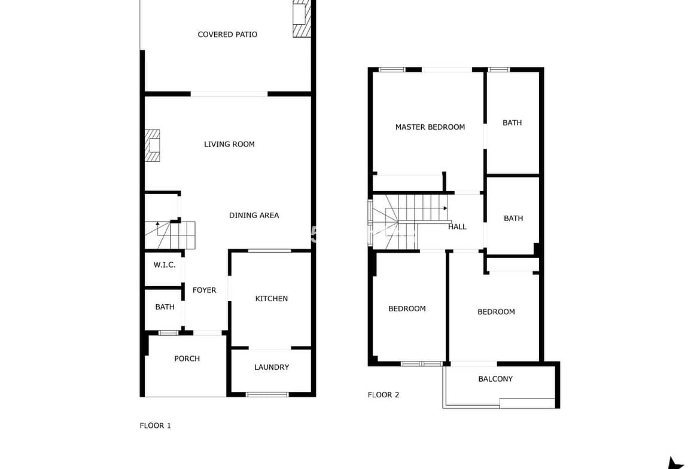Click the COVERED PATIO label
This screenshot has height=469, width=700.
pos(227,34)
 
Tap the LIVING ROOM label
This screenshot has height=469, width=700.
pos(229,144)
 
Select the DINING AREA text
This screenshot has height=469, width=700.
pos(254,215)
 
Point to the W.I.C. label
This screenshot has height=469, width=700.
pos(165,265)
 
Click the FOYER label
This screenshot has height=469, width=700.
pos(204,290)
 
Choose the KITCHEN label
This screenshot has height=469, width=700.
pos(271,299)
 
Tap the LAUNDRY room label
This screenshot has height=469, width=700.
pos(272,367)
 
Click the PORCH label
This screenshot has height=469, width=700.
pos(187,358)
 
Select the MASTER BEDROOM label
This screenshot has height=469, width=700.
pos(430,127)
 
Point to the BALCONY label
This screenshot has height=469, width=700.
pos(495,379)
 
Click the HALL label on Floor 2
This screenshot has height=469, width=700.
pos(457,227)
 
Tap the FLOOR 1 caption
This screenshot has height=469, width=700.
pos(156,426)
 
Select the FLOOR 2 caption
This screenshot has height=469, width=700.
pos(383,394)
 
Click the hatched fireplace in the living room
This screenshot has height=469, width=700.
pos(152,145)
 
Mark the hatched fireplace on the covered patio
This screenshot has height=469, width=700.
pos(302,19)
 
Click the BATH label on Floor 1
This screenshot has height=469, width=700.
pos(165,307)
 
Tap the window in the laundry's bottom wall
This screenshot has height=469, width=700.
pos(267,394)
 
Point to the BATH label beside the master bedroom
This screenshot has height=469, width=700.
pos(512,122)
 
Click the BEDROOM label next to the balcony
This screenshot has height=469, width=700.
pos(496,312)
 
